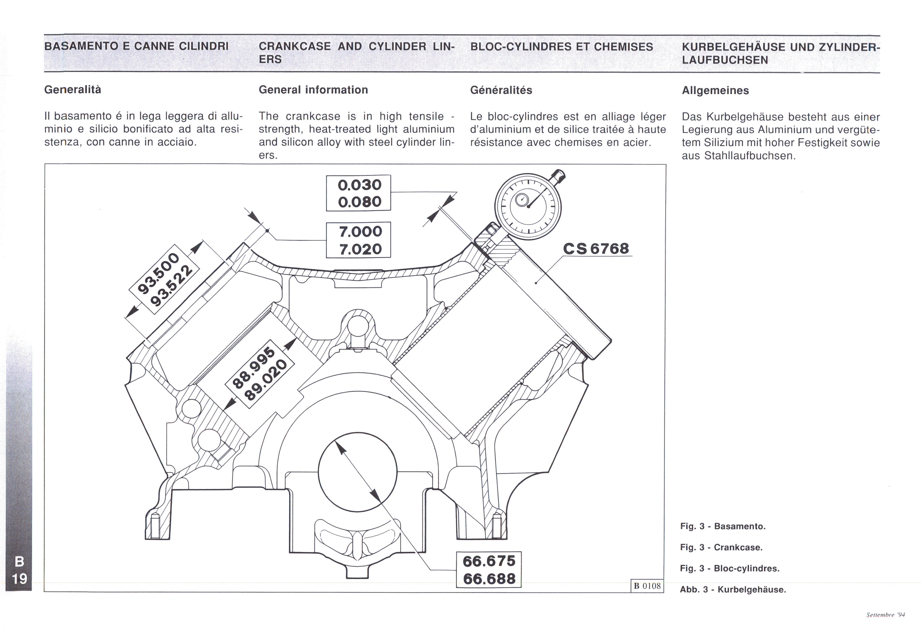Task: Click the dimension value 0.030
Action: click(x=359, y=185)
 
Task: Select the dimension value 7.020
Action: click(x=360, y=249)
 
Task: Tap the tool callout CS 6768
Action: click(x=596, y=248)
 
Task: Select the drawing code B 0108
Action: click(x=647, y=586)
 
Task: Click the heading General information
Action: click(x=313, y=90)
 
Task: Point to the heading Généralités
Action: click(x=501, y=90)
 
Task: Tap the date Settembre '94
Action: click(x=885, y=615)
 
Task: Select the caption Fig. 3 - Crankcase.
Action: click(x=721, y=547)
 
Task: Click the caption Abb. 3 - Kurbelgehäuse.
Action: click(x=732, y=589)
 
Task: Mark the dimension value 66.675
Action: click(x=489, y=561)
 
